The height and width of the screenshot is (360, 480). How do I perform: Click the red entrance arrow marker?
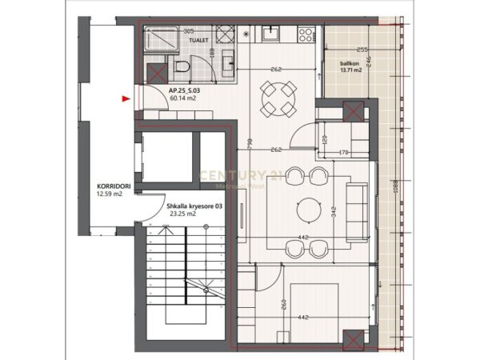(x=125, y=99)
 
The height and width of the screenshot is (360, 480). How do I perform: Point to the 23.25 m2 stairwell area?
(x=182, y=214)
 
